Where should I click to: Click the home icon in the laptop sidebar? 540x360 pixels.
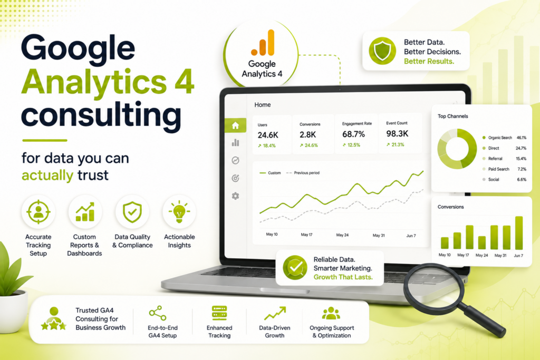click(x=236, y=125)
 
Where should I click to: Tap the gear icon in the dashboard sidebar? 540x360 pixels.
click(x=236, y=196)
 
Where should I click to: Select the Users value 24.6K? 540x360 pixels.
click(x=268, y=135)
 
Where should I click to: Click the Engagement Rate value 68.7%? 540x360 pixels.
click(x=353, y=134)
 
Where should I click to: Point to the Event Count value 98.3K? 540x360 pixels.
click(x=397, y=133)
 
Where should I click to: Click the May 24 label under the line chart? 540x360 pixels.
click(x=342, y=235)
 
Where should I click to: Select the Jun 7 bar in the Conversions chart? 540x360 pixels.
click(x=519, y=232)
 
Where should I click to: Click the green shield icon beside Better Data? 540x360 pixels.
click(x=382, y=51)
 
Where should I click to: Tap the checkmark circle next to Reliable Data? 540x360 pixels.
click(x=295, y=267)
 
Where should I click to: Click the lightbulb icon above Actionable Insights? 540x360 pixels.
click(x=179, y=211)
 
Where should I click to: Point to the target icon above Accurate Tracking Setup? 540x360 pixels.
click(x=38, y=212)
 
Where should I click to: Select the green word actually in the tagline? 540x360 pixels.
click(x=47, y=176)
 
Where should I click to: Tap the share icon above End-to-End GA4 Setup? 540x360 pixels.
click(x=158, y=313)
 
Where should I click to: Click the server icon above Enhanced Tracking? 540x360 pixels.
click(x=219, y=313)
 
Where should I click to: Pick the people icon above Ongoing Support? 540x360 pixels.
click(x=331, y=313)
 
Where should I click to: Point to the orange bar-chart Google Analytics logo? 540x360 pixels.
click(x=263, y=43)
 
